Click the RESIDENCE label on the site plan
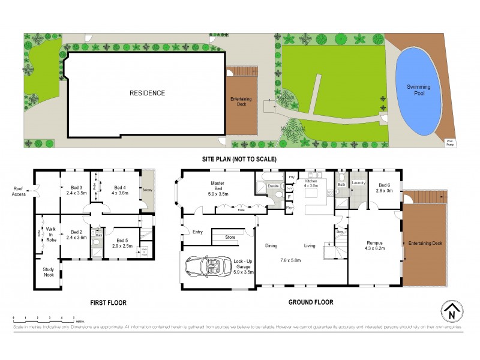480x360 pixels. click(147, 93)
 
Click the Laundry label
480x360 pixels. click(359, 182)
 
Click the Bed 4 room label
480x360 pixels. click(119, 190)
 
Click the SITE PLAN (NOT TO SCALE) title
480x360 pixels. click(239, 159)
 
